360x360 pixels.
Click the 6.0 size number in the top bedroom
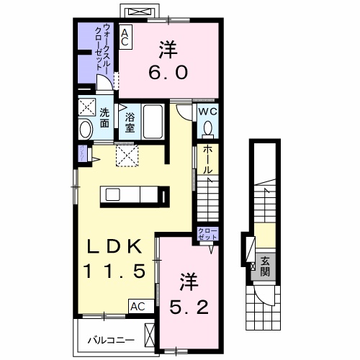click(x=169, y=72)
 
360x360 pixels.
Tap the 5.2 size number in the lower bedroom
click(x=190, y=307)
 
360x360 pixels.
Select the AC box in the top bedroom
click(x=125, y=37)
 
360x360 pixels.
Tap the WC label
click(x=206, y=112)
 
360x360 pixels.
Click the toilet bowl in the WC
click(x=207, y=128)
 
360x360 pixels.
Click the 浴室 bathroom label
click(x=130, y=122)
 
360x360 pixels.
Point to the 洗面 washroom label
click(x=104, y=117)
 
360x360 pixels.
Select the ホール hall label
click(x=207, y=160)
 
